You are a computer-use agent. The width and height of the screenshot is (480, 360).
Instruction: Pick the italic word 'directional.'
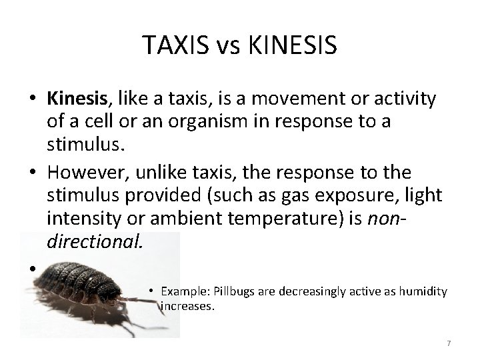pos(95,240)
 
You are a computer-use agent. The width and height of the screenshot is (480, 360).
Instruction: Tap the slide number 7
pos(449,343)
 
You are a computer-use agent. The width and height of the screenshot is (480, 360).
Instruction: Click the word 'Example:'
pos(181,293)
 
